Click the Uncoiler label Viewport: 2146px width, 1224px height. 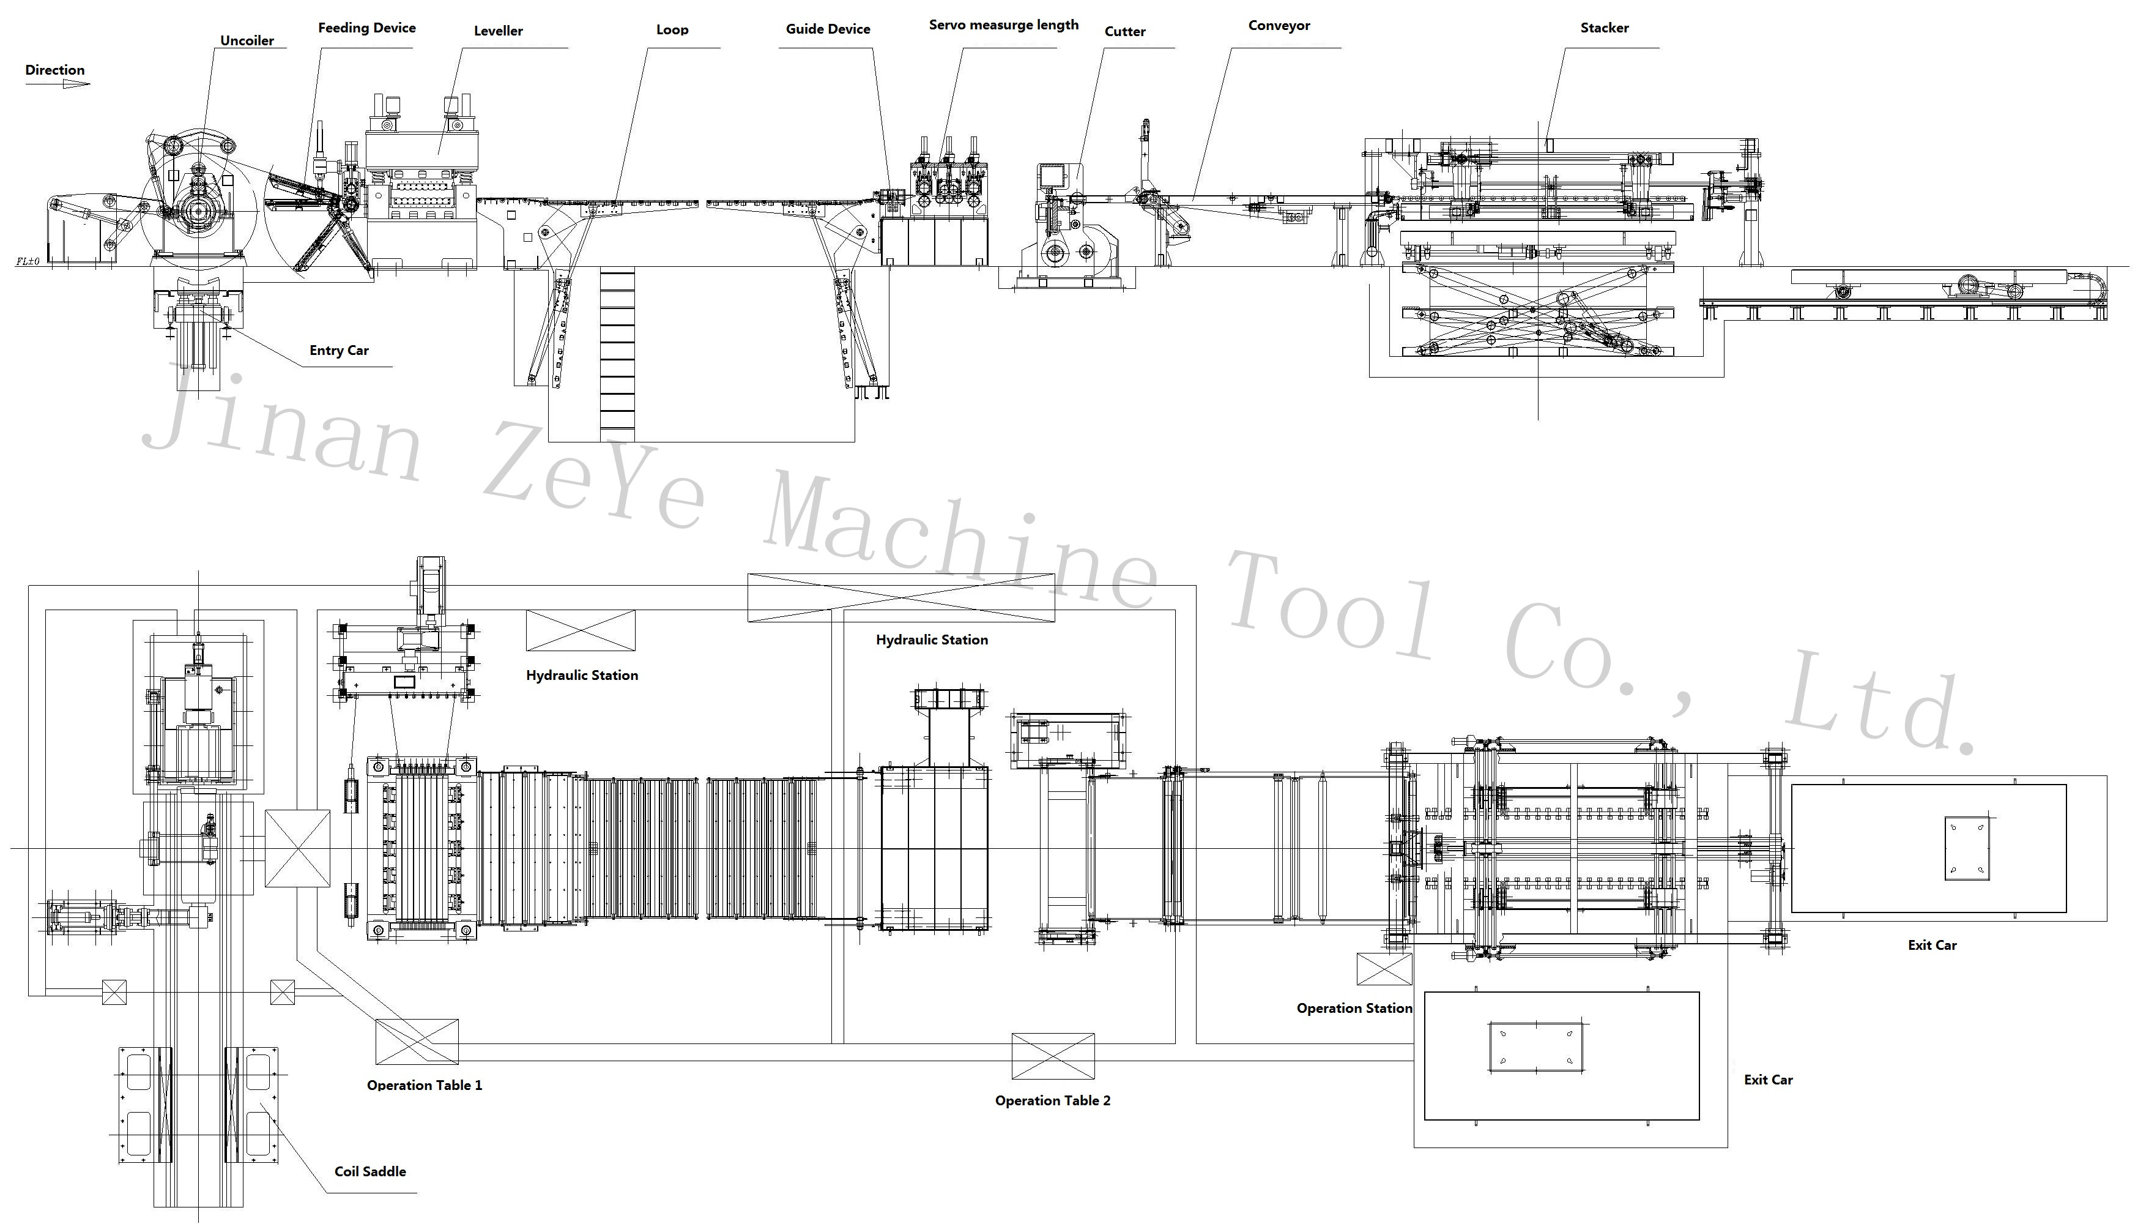point(247,40)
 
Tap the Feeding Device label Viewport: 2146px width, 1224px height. point(366,28)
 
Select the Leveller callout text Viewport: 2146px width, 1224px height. point(499,31)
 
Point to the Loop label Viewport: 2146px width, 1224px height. point(672,30)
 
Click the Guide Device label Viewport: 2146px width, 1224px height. point(828,29)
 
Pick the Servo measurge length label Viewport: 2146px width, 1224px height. point(1003,25)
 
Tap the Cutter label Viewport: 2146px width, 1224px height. point(1125,31)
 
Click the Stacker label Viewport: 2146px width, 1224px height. point(1604,28)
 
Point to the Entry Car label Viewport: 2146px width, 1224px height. point(339,351)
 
